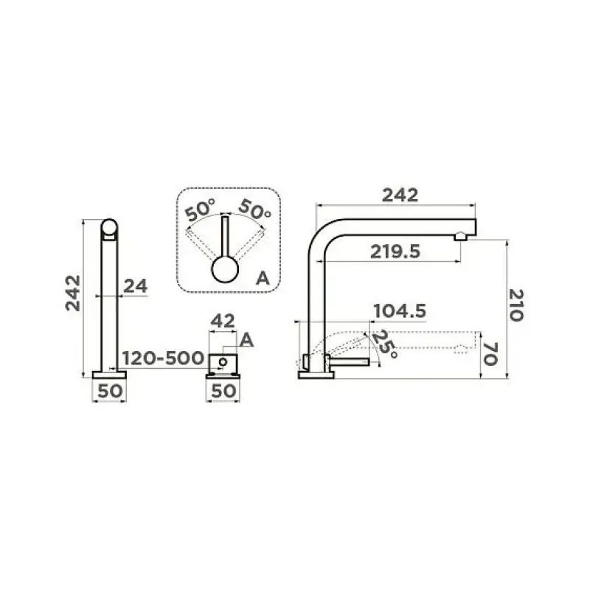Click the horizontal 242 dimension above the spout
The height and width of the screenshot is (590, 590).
(x=400, y=195)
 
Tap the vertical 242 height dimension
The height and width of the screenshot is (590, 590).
(x=73, y=293)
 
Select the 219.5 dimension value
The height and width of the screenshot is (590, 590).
(x=395, y=251)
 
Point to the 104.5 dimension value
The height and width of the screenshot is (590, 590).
(x=400, y=311)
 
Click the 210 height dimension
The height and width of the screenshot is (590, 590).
(x=516, y=305)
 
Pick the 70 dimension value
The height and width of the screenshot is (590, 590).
(x=490, y=354)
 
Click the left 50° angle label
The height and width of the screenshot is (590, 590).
(x=200, y=210)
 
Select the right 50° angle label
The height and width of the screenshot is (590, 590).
(x=254, y=209)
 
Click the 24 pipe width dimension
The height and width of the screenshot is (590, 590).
(x=136, y=286)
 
